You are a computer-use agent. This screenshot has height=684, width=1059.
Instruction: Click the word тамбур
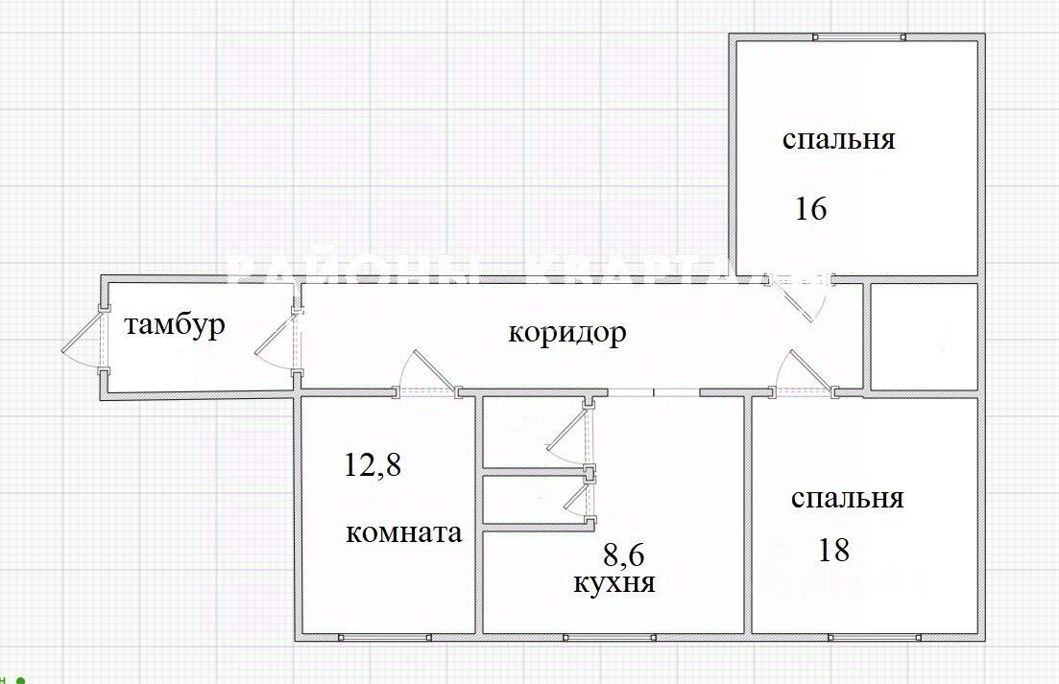(175, 325)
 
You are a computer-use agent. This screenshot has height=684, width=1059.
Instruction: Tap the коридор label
(566, 333)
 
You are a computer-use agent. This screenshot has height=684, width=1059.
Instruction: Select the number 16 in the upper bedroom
(810, 208)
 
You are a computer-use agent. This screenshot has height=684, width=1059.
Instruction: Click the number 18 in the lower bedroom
(833, 550)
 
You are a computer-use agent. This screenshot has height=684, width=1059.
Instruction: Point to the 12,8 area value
(373, 466)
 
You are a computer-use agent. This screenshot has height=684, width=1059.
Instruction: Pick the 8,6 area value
(622, 554)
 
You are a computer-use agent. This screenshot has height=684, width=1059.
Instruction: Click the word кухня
(614, 582)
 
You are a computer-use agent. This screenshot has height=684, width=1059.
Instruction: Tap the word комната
(403, 533)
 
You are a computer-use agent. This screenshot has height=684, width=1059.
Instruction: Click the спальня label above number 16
(838, 140)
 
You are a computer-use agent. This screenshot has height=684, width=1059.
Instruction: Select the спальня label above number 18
(847, 499)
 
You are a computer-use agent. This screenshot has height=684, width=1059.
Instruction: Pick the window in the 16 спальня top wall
(858, 37)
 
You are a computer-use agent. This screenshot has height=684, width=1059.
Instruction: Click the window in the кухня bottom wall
(611, 635)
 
